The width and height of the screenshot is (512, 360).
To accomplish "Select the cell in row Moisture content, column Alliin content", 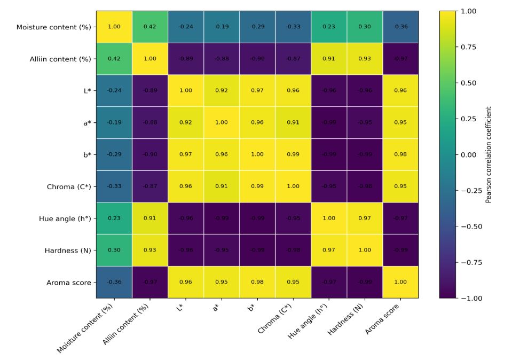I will click(x=150, y=27).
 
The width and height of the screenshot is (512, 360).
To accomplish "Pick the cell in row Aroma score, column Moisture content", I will click(x=114, y=282).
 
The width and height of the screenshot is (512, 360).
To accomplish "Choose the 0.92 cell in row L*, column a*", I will click(x=222, y=90).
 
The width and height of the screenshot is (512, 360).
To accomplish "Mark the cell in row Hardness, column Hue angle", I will click(x=329, y=250).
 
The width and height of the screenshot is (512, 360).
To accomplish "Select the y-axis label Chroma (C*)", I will click(x=69, y=186).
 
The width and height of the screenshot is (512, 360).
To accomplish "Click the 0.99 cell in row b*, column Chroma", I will click(x=293, y=154).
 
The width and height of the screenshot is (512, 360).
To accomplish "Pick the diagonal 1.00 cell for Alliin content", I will click(x=150, y=59).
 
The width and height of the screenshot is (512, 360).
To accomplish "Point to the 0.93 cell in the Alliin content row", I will click(x=365, y=59).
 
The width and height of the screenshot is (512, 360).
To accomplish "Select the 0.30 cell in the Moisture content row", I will click(x=365, y=27).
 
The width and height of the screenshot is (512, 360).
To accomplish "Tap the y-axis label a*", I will click(x=86, y=122).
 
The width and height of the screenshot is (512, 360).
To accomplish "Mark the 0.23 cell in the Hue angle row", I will click(x=114, y=218).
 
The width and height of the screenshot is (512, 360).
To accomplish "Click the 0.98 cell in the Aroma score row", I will click(x=257, y=282).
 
